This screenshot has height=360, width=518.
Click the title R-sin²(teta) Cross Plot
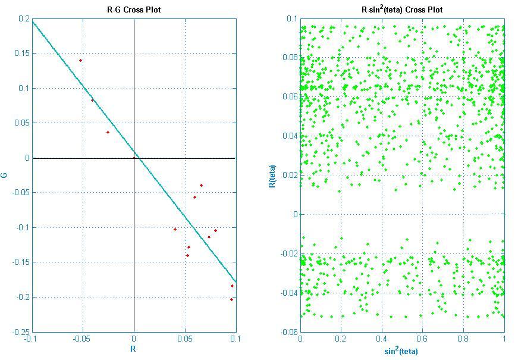tap(401, 10)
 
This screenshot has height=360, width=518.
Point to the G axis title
tap(5, 175)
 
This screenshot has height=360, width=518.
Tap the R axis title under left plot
tap(133, 349)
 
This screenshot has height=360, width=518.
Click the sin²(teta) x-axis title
tap(401, 350)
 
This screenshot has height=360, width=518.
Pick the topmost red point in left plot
tap(81, 60)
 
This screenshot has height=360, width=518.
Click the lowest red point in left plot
tap(231, 299)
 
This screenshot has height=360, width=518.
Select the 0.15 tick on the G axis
tap(22, 54)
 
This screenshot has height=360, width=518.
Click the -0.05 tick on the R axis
tap(82, 339)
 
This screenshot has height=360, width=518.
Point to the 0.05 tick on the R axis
tap(185, 339)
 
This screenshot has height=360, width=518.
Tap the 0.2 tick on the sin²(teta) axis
tap(341, 339)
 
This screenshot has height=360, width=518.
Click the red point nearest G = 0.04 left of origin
tap(108, 132)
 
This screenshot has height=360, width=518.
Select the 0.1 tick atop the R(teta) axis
tap(291, 19)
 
